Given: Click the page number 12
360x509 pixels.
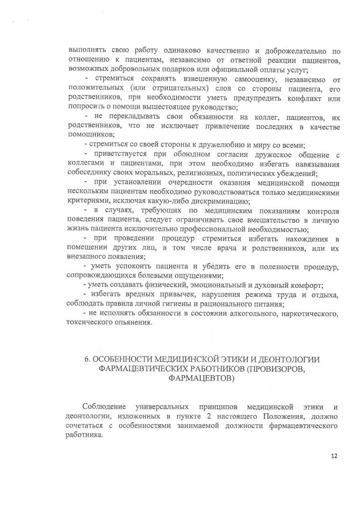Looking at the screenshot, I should pos(334,457).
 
